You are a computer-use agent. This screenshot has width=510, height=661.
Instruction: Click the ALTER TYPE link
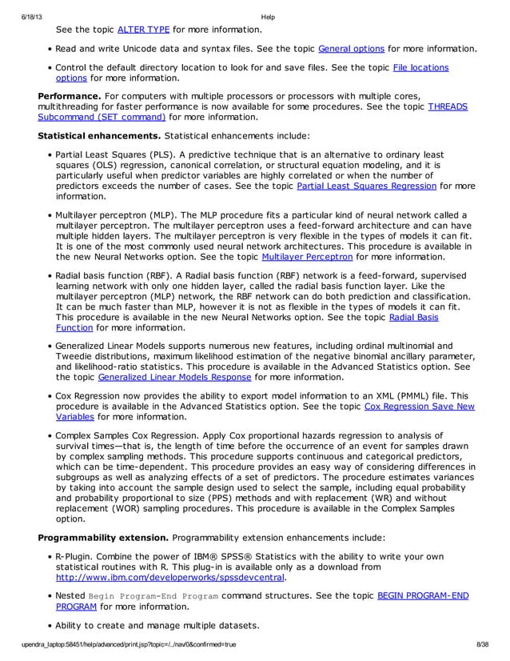coord(143,30)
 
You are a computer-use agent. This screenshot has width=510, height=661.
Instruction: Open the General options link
coord(351,49)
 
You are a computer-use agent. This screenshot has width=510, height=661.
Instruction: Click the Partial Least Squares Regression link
coord(366,186)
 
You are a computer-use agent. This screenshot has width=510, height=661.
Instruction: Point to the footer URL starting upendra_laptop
coord(128,643)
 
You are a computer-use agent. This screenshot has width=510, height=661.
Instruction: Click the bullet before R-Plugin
coord(50,555)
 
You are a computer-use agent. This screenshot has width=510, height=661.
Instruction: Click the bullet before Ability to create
coord(50,625)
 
